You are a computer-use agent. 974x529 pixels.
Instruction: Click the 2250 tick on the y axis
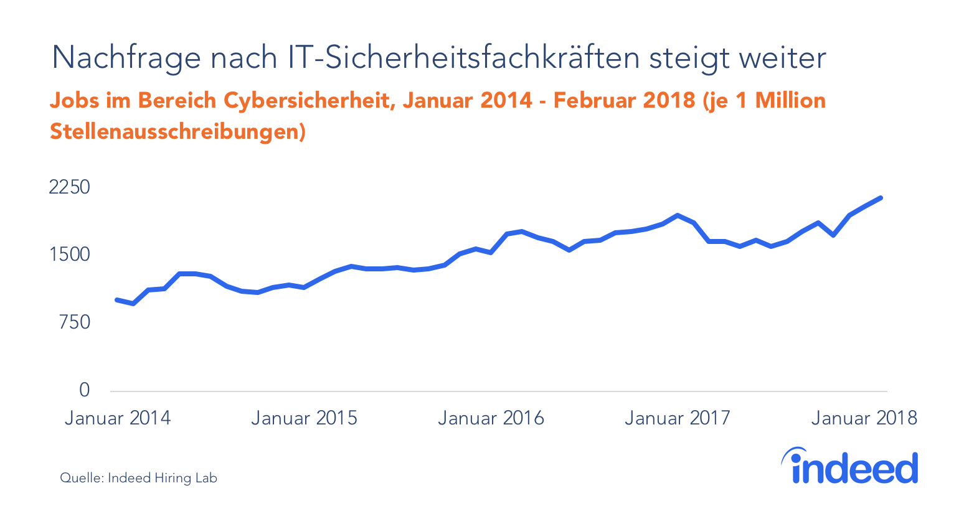tap(69, 187)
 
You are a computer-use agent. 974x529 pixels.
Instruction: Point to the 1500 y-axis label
tap(69, 255)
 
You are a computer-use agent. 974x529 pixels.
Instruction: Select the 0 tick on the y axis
tap(84, 390)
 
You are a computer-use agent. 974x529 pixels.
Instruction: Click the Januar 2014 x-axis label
tap(118, 418)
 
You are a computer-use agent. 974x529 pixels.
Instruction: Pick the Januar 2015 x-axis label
tap(304, 418)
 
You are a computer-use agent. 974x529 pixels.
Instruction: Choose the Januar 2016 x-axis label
tap(491, 418)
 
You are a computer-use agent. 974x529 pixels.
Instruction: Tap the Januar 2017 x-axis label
tap(677, 418)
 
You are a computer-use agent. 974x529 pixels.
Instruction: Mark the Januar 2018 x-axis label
tap(864, 418)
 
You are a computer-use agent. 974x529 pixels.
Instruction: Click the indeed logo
tap(850, 466)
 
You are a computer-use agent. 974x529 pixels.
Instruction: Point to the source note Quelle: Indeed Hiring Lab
tap(138, 478)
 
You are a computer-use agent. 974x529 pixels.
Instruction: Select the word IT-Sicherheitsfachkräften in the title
tap(463, 58)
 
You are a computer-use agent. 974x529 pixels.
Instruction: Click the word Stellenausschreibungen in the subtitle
tap(177, 132)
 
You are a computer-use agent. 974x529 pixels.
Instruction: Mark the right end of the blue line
tap(881, 198)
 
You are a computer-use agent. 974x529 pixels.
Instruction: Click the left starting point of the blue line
tap(117, 300)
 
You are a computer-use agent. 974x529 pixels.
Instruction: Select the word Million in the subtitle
tap(790, 100)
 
